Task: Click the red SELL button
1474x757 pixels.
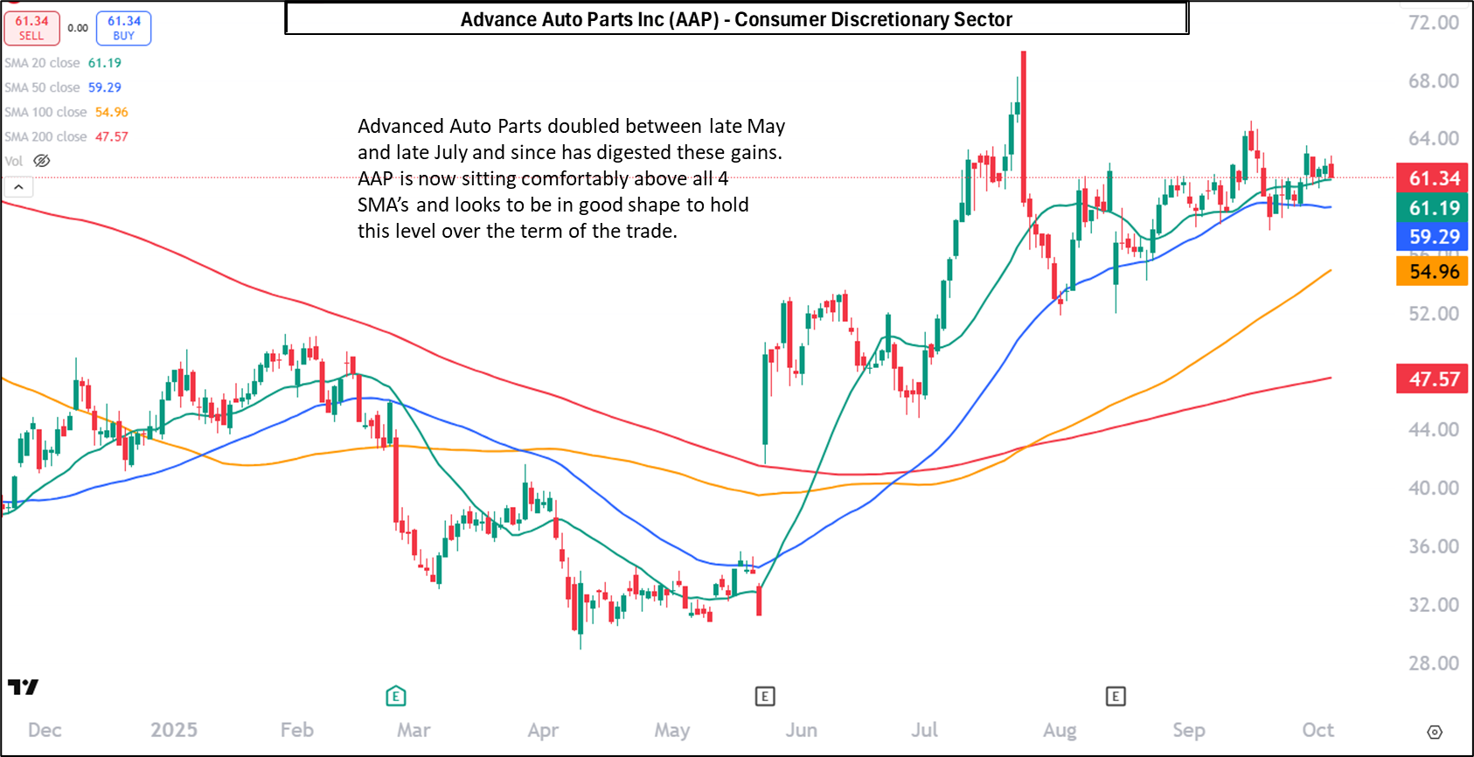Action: point(31,28)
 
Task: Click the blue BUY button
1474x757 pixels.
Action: point(123,28)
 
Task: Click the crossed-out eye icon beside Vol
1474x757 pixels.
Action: point(42,161)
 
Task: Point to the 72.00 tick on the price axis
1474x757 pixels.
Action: point(1433,23)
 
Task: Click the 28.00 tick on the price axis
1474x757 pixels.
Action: point(1433,663)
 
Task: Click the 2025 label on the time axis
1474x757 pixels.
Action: point(174,730)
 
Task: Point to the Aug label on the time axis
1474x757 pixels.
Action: point(1060,730)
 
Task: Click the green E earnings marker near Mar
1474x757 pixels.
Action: point(396,696)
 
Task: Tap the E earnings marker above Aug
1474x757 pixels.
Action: point(1115,696)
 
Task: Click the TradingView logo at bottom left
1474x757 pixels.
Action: point(24,687)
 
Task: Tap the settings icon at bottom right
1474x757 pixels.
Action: point(1435,732)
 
